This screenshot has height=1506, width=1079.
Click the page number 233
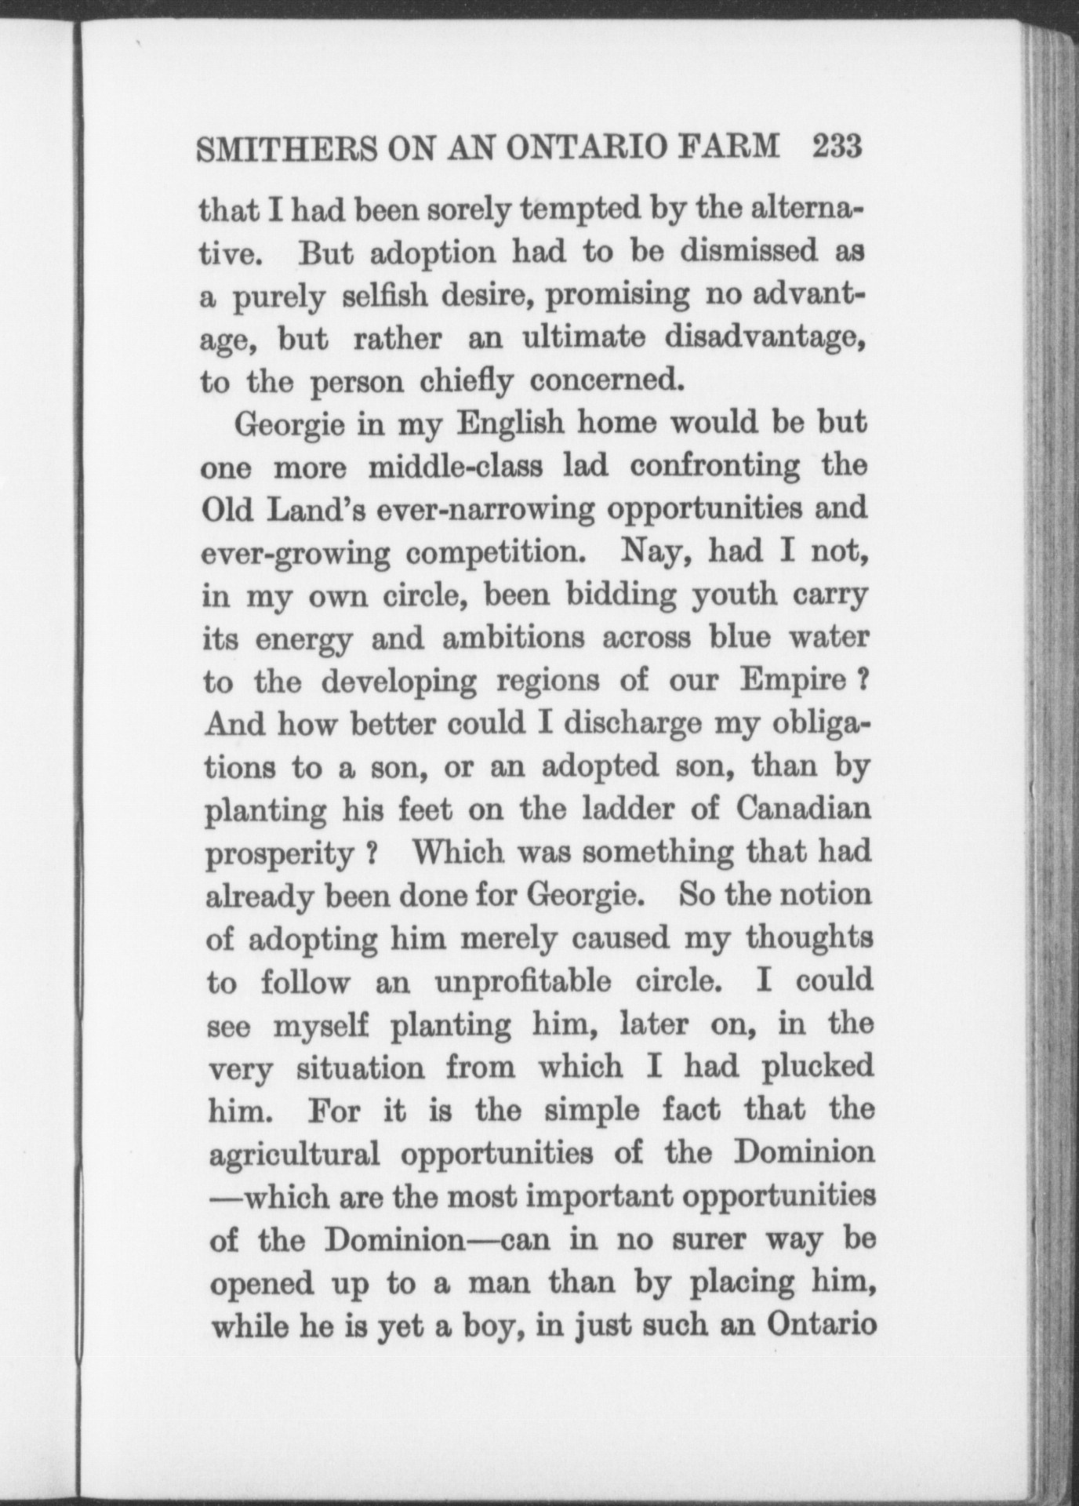tap(837, 147)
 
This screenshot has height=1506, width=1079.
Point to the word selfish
tap(385, 297)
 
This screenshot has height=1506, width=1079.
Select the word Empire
tap(792, 680)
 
